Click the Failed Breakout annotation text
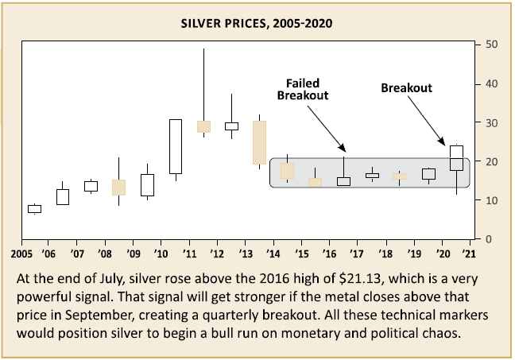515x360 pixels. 303,89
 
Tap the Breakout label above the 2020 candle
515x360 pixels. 406,88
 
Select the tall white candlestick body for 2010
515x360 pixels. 176,146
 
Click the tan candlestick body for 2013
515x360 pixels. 259,142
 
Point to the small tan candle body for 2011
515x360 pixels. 203,126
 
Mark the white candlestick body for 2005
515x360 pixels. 34,209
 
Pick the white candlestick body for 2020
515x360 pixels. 456,157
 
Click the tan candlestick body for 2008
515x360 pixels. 118,188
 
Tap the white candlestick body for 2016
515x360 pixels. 343,181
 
